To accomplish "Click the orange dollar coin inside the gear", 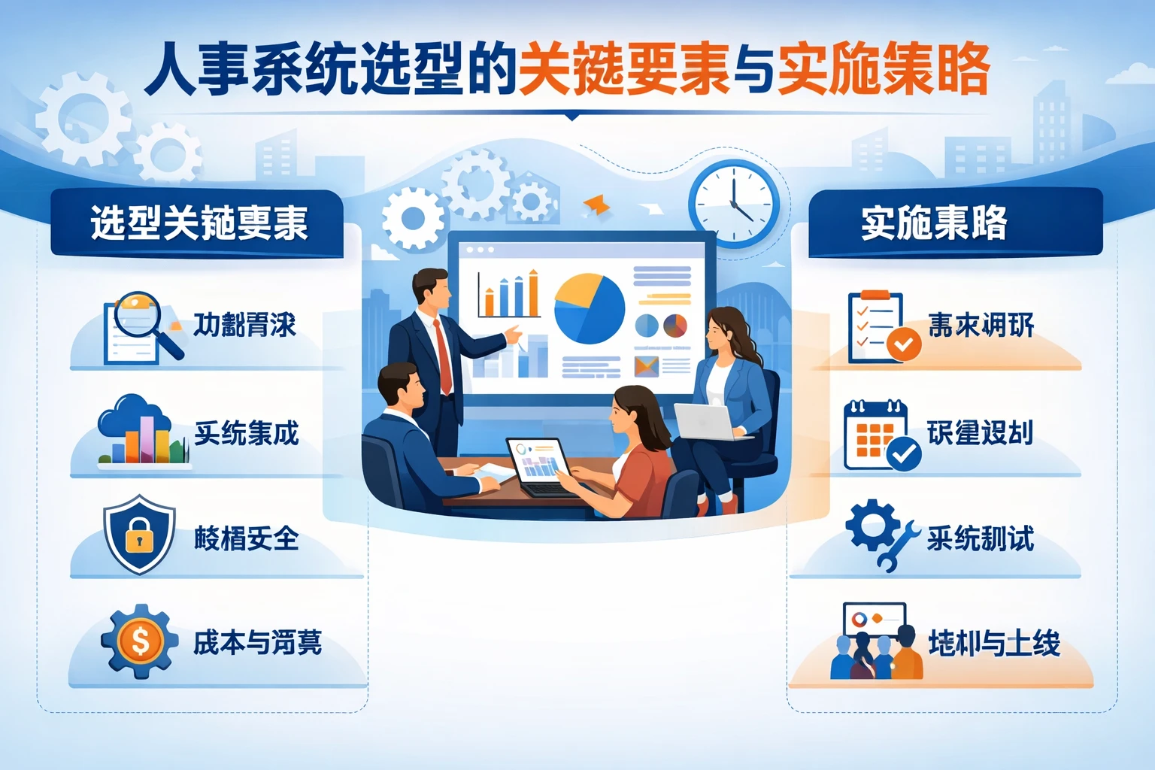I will tap(141, 641).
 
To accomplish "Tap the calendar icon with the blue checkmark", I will tap(880, 436).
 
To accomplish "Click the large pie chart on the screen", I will tap(590, 309).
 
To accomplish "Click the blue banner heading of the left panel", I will tap(198, 224).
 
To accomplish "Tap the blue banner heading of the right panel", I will tap(953, 223).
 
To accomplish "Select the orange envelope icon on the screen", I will tap(646, 366).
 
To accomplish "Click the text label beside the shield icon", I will tap(246, 538).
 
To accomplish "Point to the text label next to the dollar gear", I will tap(257, 642).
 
